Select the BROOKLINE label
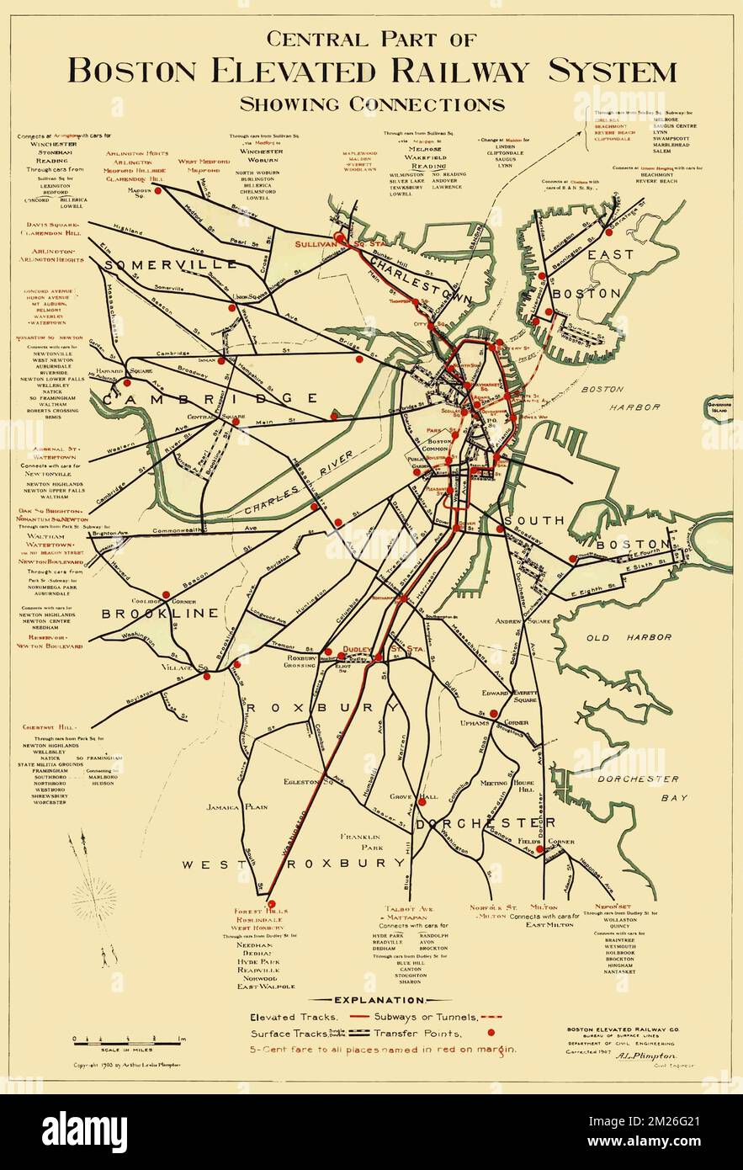[160, 614]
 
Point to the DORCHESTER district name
[486, 822]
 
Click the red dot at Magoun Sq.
[157, 191]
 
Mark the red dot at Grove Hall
[422, 801]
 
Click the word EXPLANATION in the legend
[370, 1000]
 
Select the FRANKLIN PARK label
[362, 843]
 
